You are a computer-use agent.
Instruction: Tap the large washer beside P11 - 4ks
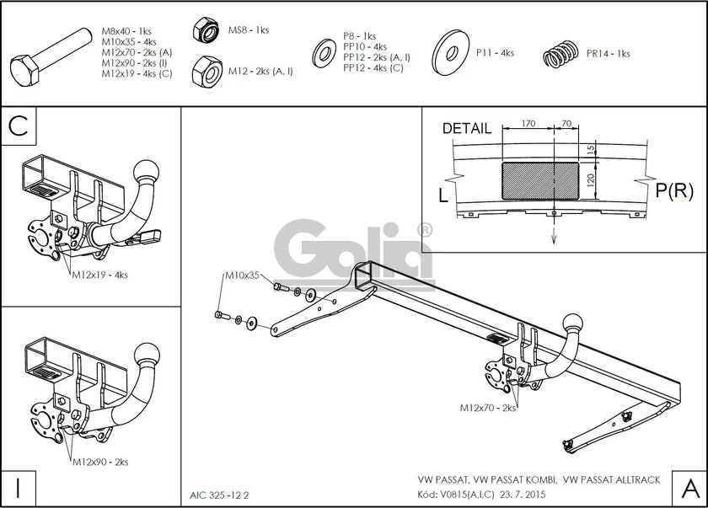pos(450,53)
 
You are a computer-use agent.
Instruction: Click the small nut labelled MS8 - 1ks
pos(205,29)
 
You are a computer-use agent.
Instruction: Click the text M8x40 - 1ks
pos(127,31)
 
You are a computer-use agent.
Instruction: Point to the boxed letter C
pos(19,126)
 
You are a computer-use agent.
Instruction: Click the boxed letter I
pos(18,486)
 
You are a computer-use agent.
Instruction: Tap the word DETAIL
pos(466,129)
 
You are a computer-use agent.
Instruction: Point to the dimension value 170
pos(528,124)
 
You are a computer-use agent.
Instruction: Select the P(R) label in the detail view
pos(673,191)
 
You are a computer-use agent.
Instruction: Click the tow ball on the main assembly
pos(574,323)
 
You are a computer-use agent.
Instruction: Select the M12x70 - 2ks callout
pos(488,408)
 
